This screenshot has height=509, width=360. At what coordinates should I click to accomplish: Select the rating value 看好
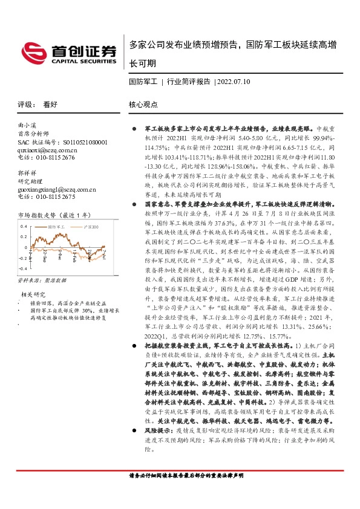[50, 104]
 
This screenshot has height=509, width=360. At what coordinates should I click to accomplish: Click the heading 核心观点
[143, 104]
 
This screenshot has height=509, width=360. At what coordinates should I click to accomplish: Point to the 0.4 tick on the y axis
[24, 226]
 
